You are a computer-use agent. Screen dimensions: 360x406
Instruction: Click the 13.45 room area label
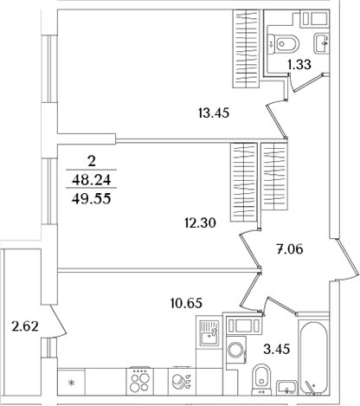214,113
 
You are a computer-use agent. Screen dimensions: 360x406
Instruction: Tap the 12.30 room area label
200,222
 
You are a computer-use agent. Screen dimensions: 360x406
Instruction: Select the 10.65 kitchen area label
186,303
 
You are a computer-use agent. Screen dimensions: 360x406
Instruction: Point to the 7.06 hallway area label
290,248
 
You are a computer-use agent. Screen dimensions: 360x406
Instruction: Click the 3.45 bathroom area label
277,349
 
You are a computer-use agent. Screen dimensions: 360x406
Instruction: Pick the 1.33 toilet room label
299,64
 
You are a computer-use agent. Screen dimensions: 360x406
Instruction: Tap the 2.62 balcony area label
25,326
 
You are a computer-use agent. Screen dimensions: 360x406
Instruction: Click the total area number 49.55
92,198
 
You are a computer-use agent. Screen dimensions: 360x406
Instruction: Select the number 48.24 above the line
92,180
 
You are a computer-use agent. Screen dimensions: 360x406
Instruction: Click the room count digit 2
92,162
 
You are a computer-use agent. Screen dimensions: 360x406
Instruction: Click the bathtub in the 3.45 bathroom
313,357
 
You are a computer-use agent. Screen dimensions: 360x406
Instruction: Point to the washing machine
236,350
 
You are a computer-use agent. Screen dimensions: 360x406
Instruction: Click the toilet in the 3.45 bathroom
261,379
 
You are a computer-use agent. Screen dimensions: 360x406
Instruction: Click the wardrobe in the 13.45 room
246,48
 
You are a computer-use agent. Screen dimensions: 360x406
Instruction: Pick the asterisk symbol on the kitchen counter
71,383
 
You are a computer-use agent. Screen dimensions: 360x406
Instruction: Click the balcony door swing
58,321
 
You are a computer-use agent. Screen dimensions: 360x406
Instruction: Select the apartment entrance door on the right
347,260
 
